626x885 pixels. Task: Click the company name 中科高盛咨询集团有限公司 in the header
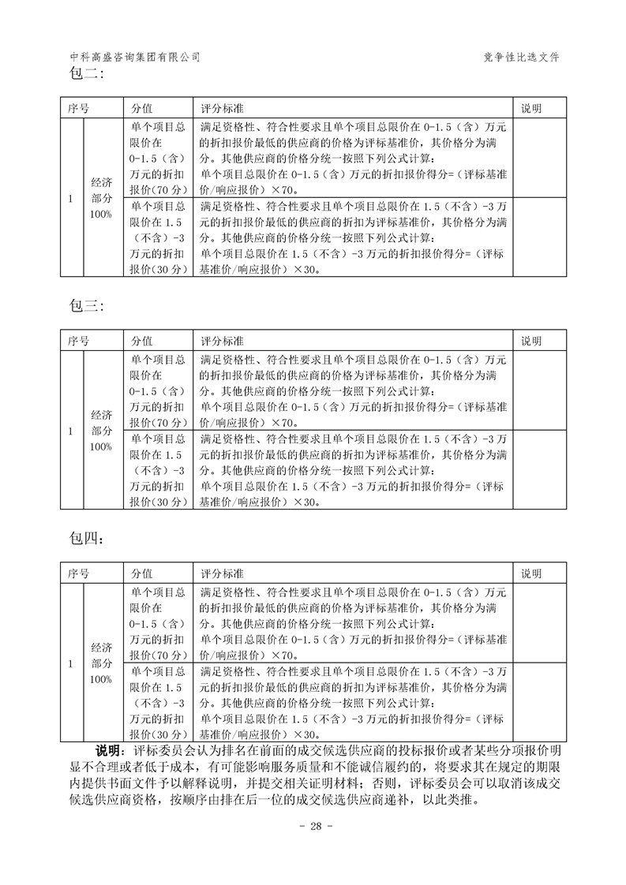click(x=135, y=58)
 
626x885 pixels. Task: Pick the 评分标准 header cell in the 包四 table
click(x=223, y=573)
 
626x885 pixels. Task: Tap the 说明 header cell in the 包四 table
click(x=531, y=573)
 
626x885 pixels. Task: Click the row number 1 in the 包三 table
click(x=70, y=431)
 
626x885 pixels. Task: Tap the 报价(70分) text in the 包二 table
click(x=157, y=190)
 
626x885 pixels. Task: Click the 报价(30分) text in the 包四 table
click(x=157, y=734)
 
